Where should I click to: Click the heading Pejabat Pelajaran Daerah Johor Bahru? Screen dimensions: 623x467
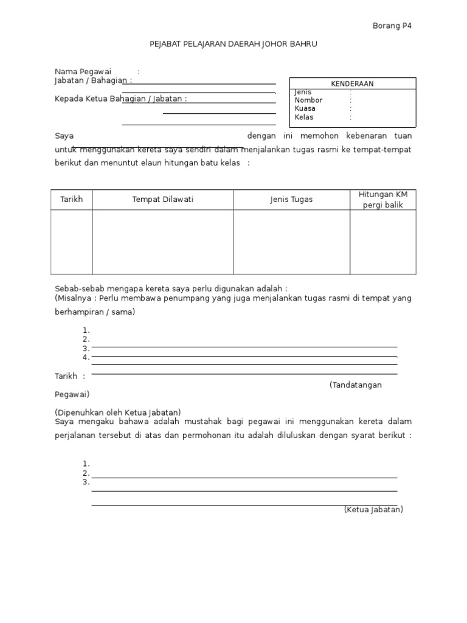tap(233, 44)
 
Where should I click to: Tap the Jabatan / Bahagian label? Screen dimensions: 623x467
tap(92, 80)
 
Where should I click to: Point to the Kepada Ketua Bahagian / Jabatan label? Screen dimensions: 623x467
tap(120, 99)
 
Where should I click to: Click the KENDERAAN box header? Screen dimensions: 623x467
tap(352, 84)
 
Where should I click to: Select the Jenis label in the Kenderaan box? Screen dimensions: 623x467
tap(303, 92)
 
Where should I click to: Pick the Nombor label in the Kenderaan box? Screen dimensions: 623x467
tap(308, 100)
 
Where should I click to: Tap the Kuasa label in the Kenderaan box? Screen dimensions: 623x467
tap(305, 109)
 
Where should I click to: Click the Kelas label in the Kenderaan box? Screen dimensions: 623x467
tap(304, 117)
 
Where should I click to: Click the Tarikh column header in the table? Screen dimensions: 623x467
tap(71, 200)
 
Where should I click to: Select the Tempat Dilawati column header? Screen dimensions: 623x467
tap(163, 200)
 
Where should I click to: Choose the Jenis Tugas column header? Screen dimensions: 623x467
tap(291, 200)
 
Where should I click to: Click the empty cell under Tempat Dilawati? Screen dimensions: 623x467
tap(163, 242)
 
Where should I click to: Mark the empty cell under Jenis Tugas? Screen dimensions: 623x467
tap(291, 242)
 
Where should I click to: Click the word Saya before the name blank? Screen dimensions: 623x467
tap(64, 136)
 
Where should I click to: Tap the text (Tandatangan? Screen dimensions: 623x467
tap(356, 385)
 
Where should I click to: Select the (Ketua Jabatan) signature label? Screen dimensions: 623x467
tap(373, 510)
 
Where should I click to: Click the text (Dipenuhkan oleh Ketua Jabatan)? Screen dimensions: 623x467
tap(118, 412)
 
